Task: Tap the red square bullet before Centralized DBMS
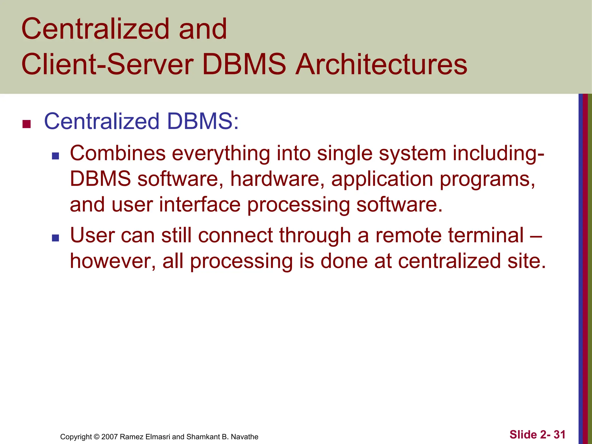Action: point(27,124)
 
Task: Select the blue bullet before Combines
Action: point(55,156)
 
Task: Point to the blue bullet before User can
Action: point(55,238)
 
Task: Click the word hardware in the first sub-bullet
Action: point(277,179)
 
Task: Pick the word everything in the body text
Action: point(221,154)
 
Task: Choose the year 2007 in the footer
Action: point(110,437)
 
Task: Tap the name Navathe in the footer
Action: point(245,437)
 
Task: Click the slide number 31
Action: point(559,434)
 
